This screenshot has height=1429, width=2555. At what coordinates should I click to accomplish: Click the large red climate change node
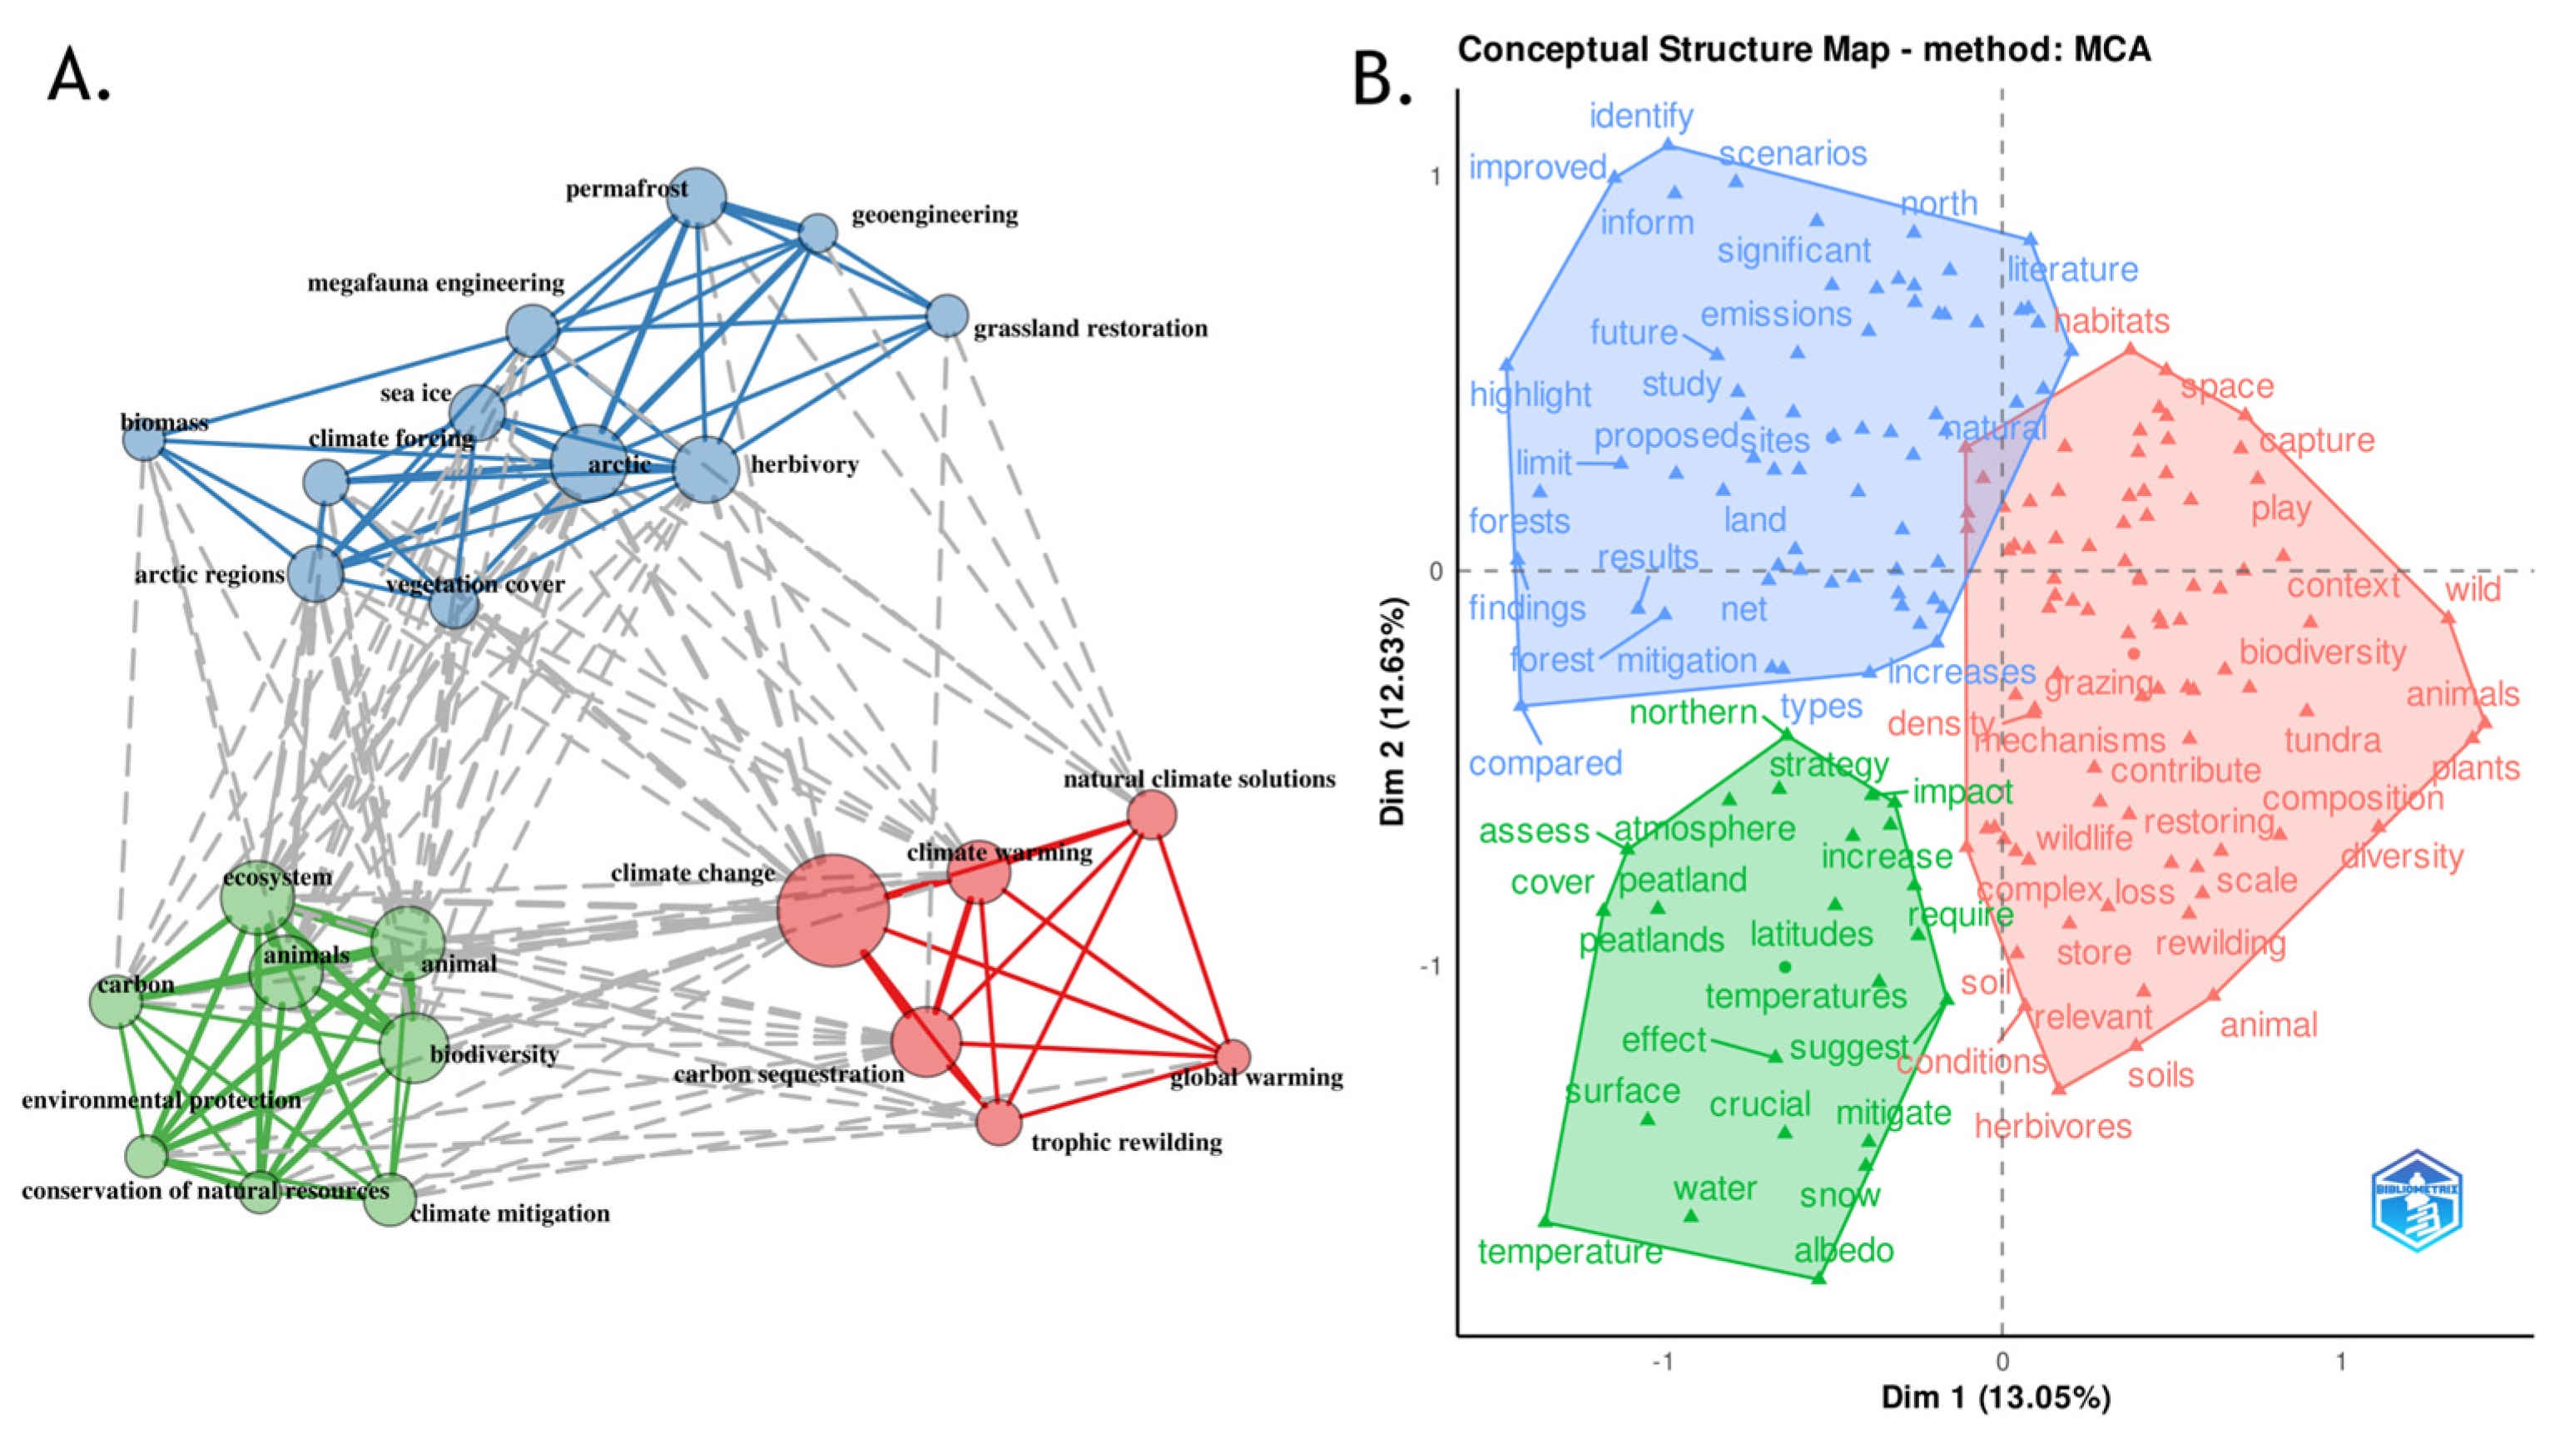[x=832, y=910]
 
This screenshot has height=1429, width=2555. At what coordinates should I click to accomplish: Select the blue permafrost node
[x=697, y=196]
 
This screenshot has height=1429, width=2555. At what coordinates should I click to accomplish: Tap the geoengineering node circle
[x=818, y=233]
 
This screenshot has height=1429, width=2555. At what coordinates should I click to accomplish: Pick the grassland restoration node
[x=947, y=316]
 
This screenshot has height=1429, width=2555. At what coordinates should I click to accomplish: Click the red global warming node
[x=1233, y=1057]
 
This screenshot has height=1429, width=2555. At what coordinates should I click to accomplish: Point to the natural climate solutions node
[x=1152, y=815]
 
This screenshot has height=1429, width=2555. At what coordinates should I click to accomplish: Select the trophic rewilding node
[x=999, y=1123]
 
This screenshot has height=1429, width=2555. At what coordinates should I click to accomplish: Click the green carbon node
[x=117, y=1000]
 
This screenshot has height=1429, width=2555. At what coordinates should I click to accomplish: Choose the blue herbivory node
[x=707, y=469]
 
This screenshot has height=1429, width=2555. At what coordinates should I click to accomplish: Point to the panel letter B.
[x=1381, y=79]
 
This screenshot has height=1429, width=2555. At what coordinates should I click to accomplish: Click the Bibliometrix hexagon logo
[x=2416, y=1201]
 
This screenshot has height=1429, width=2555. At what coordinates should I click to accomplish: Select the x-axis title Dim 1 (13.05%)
[x=1996, y=1397]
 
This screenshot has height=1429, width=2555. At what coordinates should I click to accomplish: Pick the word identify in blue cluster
[x=1641, y=116]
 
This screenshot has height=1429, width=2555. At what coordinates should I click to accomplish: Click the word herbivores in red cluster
[x=2052, y=1127]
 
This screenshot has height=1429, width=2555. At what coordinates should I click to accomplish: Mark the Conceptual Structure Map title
[x=1804, y=50]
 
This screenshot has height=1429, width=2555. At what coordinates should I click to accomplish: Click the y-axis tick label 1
[x=1434, y=176]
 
